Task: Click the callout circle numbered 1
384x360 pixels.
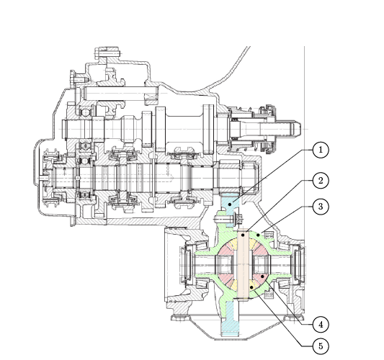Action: tap(321, 150)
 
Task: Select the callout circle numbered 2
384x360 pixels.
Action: tap(321, 181)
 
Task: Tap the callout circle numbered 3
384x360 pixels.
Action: tap(321, 207)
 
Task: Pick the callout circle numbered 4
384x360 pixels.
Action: tap(321, 325)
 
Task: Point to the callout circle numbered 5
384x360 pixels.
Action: tap(321, 346)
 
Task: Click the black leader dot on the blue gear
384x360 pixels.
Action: tap(230, 204)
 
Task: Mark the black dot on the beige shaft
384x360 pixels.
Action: tap(243, 235)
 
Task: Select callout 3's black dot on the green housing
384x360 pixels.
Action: tap(258, 235)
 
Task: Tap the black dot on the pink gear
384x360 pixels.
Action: tap(262, 276)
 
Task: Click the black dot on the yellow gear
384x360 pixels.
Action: tap(251, 287)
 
